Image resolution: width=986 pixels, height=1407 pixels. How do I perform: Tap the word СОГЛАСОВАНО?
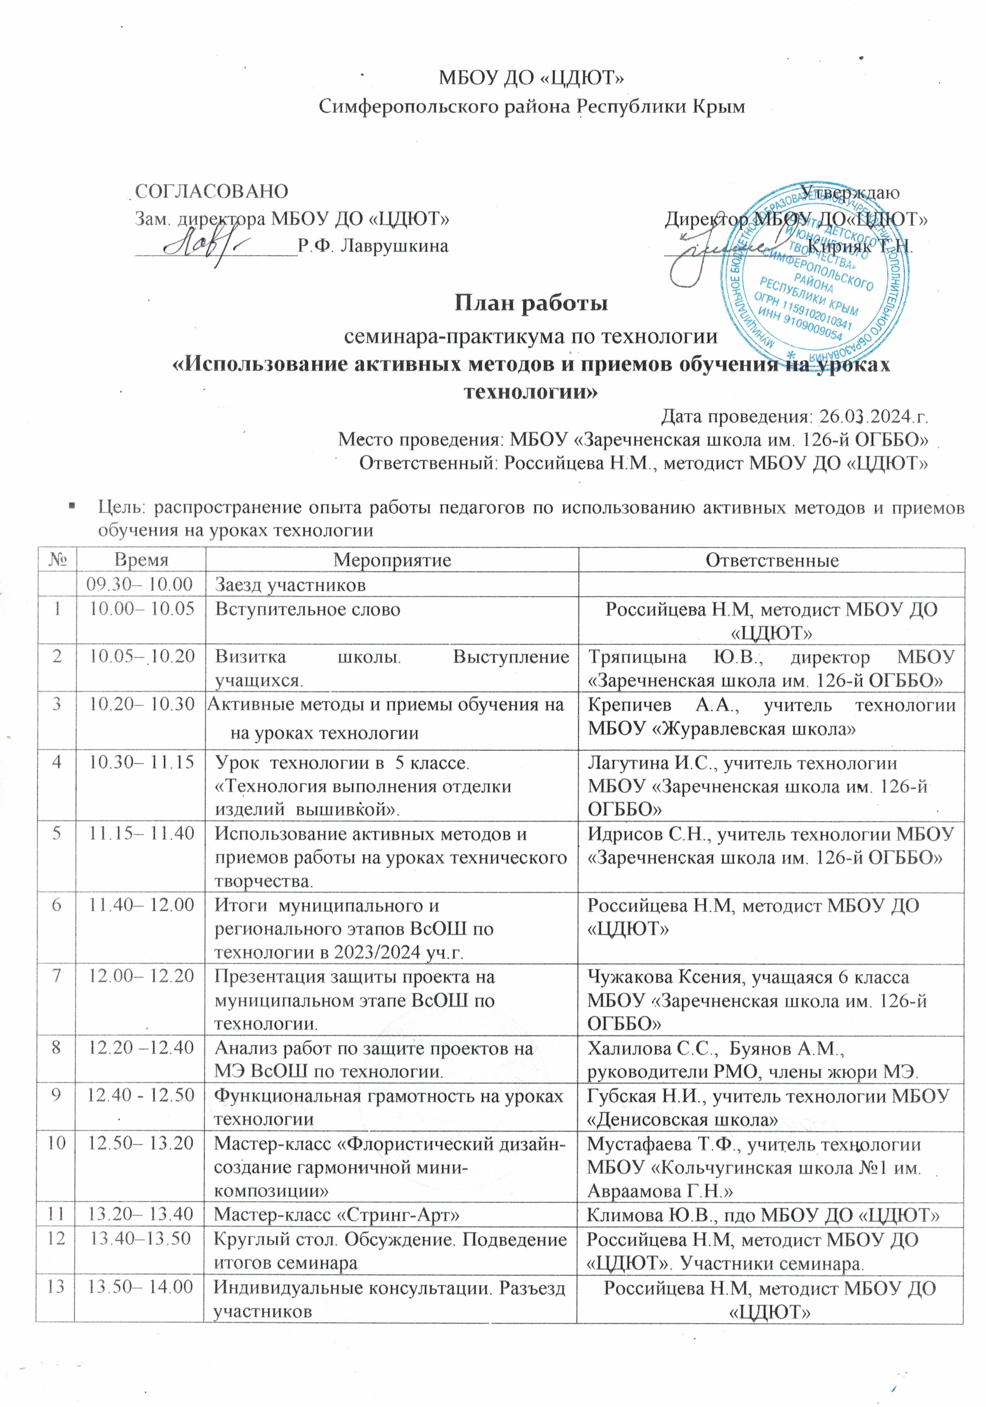(x=211, y=191)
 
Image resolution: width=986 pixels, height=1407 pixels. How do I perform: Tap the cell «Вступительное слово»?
(x=307, y=609)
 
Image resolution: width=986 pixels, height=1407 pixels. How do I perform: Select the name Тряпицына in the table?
(x=628, y=657)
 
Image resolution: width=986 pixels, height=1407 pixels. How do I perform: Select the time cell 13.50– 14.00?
(x=140, y=1286)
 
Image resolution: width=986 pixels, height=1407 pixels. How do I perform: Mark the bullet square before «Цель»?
(x=72, y=506)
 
